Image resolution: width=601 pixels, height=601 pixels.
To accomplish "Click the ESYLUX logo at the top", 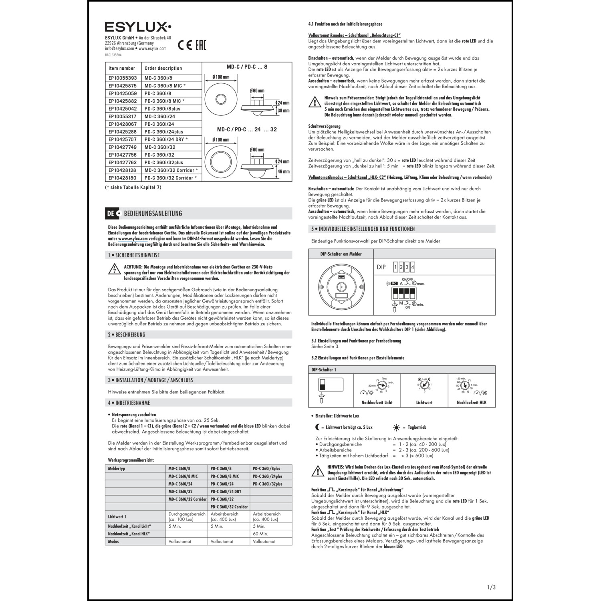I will click(138, 27).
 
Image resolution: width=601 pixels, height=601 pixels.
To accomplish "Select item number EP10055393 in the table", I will click(123, 78).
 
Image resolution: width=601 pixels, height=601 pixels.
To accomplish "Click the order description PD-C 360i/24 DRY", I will click(166, 139).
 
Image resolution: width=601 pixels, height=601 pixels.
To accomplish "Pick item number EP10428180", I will click(123, 178).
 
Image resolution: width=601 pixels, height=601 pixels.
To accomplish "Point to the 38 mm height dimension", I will click(283, 111).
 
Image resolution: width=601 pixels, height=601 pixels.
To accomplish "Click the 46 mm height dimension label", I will click(283, 171).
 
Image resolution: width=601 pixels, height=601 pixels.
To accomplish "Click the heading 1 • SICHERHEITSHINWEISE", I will click(134, 255).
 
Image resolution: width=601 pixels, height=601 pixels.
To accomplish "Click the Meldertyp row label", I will click(117, 468).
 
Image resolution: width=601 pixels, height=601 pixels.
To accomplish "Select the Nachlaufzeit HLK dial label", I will click(472, 402).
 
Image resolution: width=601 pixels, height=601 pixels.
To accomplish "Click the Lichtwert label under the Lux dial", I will click(424, 402).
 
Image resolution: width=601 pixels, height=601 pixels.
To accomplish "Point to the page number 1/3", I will click(491, 587).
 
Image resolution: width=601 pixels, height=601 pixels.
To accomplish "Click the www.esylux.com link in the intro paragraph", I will click(131, 238).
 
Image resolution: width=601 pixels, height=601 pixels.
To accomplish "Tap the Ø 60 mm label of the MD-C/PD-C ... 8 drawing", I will click(257, 91).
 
